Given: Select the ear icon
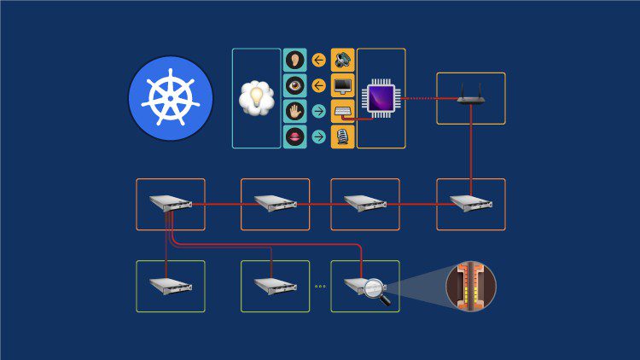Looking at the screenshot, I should [x=295, y=61].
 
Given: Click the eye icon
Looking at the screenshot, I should [x=295, y=86].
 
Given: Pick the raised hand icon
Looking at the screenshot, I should [x=295, y=111].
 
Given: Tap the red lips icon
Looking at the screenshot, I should [x=295, y=136].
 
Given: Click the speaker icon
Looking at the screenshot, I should [x=342, y=61].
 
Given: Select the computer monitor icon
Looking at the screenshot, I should [x=342, y=86].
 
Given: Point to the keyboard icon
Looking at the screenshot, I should [x=342, y=111].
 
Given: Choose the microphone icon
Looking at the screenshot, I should [x=342, y=136].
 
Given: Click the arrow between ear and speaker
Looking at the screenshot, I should [x=319, y=61].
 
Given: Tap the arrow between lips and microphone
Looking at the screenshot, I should [x=319, y=136].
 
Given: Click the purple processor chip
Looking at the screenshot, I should [x=381, y=98].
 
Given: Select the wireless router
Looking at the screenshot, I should [x=470, y=98].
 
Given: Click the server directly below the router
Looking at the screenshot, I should [x=470, y=203].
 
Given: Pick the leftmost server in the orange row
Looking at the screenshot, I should [x=170, y=203].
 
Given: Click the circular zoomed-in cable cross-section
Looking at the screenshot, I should [x=470, y=286].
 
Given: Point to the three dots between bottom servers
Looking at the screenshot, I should [x=320, y=287].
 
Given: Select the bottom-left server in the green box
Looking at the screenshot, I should [x=170, y=285].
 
